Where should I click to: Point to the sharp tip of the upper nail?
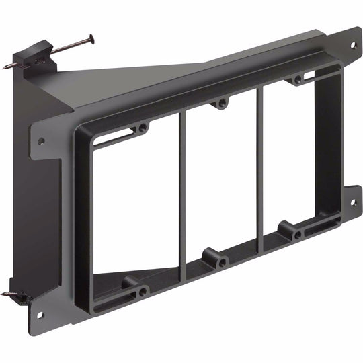tap(4, 66)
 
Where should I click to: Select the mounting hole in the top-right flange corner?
tap(352, 45)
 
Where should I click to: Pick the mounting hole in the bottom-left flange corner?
tap(40, 314)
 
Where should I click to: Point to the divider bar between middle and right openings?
tap(259, 168)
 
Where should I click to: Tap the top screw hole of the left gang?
tap(143, 128)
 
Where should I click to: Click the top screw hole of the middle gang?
tap(220, 104)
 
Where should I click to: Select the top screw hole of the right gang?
tap(297, 81)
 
